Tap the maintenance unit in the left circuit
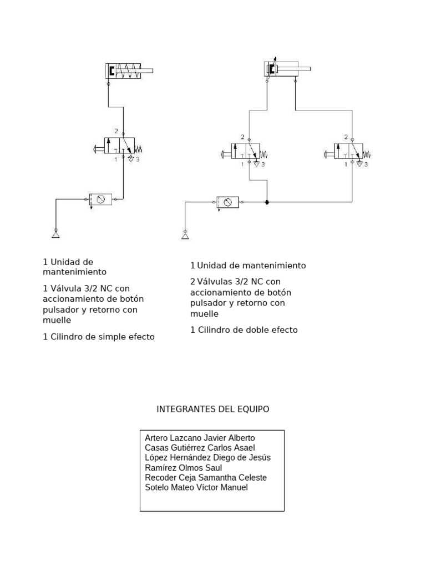tap(100, 199)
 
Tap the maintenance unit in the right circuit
tap(227, 202)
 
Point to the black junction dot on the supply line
tap(267, 202)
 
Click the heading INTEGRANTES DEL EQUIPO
tap(213, 409)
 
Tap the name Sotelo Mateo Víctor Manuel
tap(196, 488)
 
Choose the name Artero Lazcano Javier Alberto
tap(200, 438)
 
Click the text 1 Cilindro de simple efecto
tap(99, 337)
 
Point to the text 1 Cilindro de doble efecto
tap(244, 330)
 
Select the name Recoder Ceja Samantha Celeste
tap(205, 478)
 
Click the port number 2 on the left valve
tap(116, 131)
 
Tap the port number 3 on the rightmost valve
tap(366, 164)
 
